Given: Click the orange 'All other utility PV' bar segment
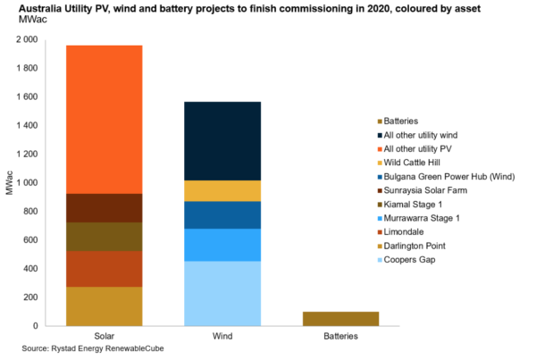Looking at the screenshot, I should [x=104, y=119].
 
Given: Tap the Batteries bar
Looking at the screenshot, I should [x=340, y=319].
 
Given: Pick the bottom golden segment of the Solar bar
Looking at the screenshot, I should [x=104, y=306].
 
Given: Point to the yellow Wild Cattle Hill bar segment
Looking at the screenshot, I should [x=222, y=190].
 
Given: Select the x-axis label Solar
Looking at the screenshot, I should [x=104, y=336].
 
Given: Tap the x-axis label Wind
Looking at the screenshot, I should [x=222, y=336].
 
